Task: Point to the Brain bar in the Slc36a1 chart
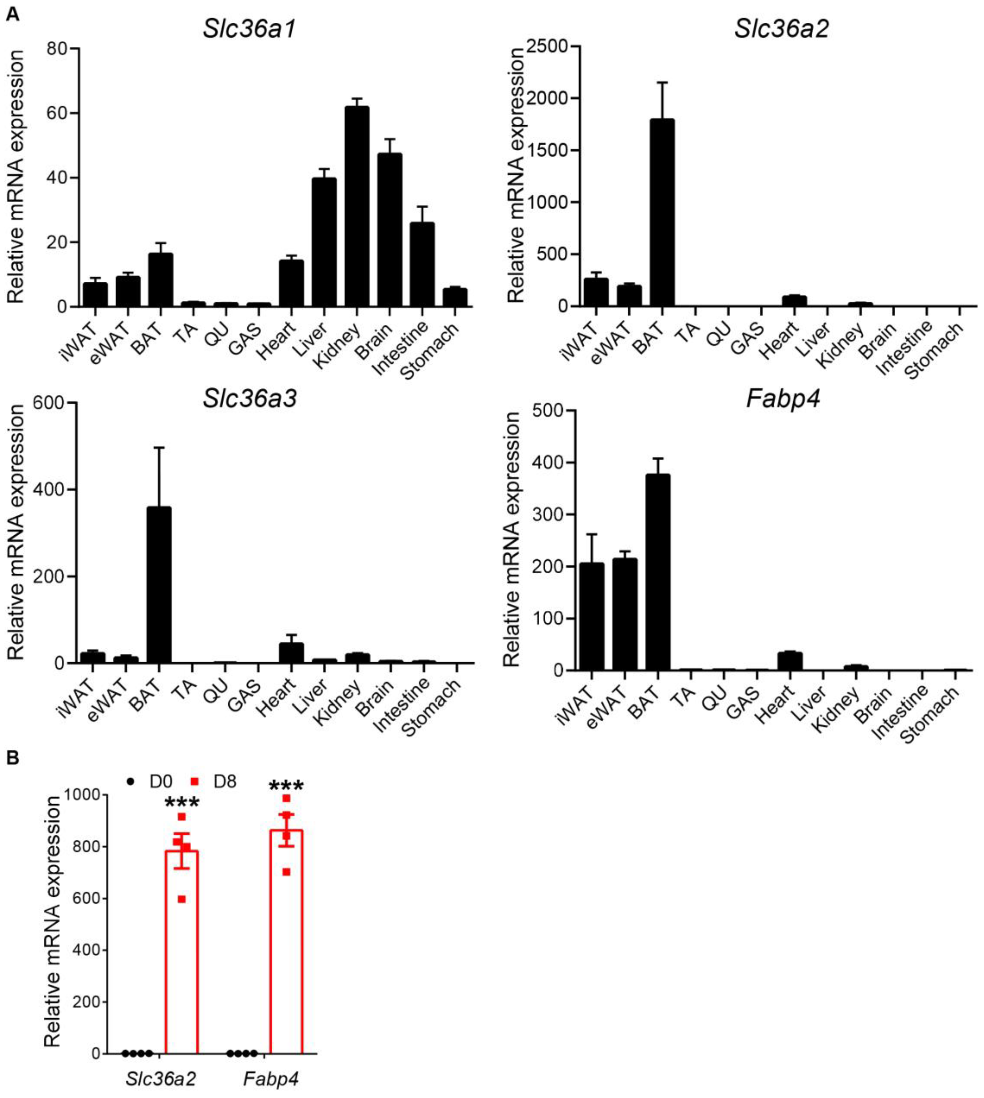pyautogui.click(x=390, y=230)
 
